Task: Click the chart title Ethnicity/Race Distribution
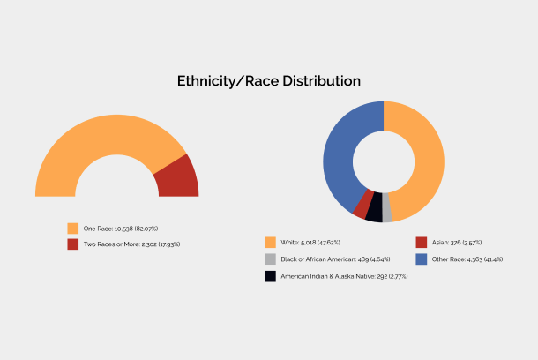(269, 81)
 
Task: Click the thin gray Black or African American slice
(386, 212)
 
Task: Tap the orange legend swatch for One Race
(73, 229)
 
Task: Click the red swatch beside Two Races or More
(73, 244)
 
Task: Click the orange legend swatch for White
(270, 242)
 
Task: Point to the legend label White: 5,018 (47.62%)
(310, 242)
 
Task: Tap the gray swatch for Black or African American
(270, 259)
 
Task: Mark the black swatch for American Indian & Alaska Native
(270, 276)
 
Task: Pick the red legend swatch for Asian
(421, 242)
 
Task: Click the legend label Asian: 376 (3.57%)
(456, 242)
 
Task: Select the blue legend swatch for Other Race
(421, 259)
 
